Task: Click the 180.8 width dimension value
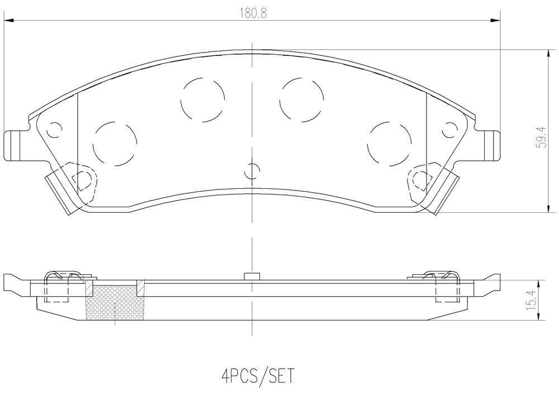253,13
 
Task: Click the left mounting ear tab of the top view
15,146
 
